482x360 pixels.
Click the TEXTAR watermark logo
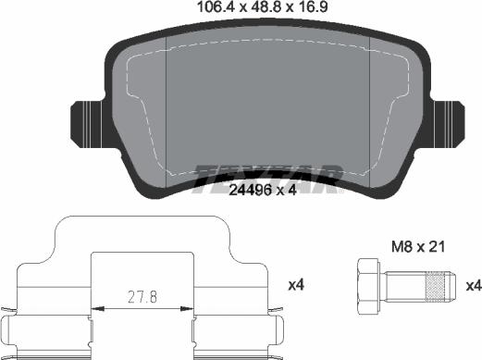(269, 177)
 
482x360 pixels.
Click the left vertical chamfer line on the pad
(164, 111)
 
